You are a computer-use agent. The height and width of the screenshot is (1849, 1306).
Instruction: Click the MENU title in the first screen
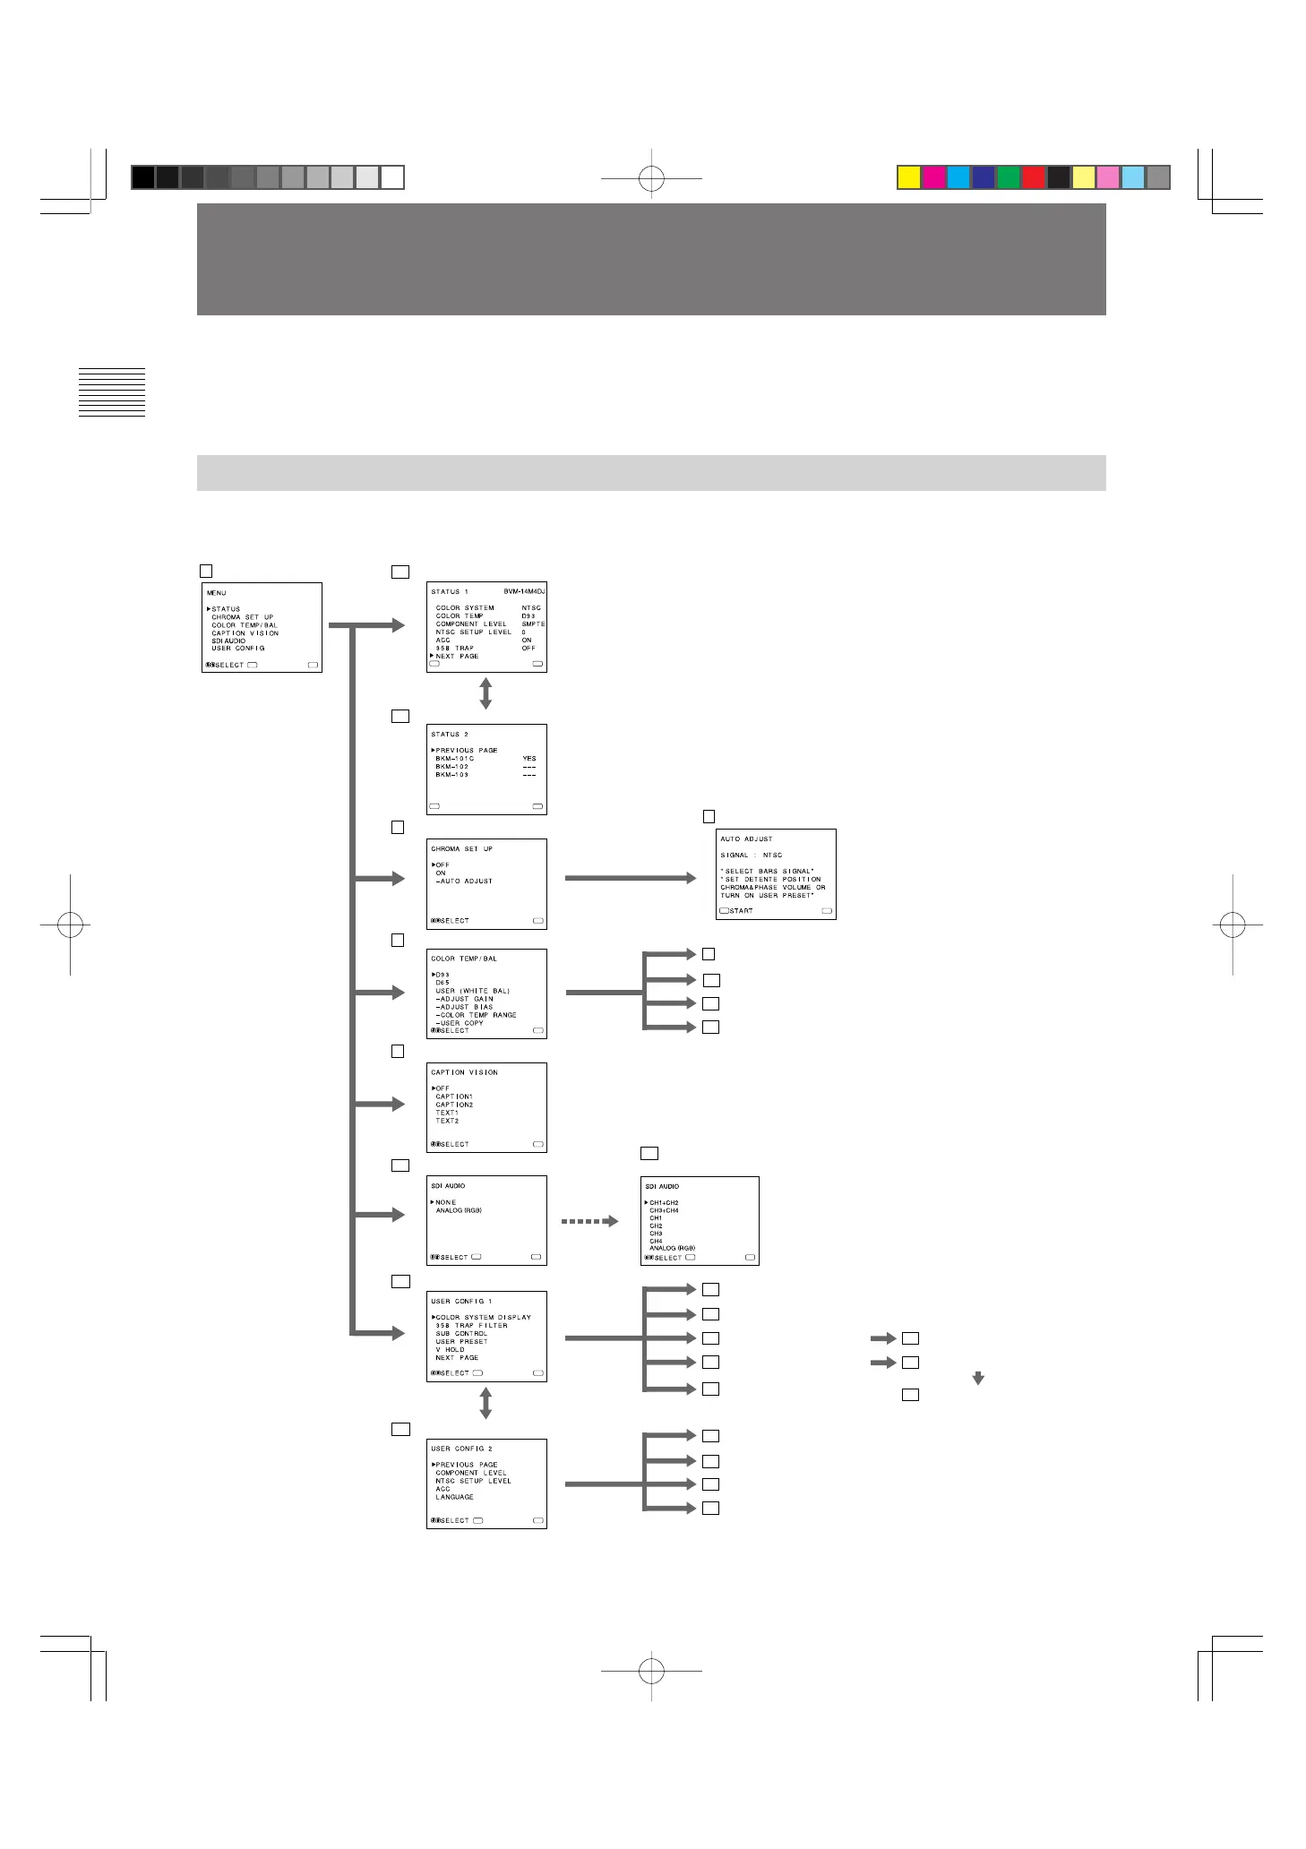217,593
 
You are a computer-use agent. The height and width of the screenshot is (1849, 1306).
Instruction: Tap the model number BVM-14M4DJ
524,591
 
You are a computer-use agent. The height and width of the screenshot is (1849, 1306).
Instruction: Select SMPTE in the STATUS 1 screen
533,624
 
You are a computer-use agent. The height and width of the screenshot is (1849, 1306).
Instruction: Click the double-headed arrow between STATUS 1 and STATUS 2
485,694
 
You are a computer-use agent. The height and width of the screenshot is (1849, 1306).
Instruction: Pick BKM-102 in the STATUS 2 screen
452,767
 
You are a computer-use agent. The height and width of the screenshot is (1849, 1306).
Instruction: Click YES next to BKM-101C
529,759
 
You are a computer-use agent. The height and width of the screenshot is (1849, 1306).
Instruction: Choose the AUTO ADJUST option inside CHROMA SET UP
465,881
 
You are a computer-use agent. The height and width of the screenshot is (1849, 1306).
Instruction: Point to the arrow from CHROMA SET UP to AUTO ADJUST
630,879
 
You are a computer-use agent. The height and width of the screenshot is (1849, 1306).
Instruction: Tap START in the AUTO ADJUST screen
741,911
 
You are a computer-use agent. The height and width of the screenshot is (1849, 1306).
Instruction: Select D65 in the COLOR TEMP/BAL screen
442,983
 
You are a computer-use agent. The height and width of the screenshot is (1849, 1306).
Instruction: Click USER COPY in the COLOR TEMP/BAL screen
461,1023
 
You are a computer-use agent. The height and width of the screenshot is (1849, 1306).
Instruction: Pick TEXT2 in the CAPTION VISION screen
447,1121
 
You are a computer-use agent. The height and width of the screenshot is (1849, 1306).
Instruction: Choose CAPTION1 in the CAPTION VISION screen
454,1096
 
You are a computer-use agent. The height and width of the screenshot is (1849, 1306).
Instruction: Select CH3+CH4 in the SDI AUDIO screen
664,1210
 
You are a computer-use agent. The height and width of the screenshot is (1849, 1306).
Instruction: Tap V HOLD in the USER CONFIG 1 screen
451,1349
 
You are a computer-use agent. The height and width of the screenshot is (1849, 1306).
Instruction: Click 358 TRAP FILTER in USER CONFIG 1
471,1326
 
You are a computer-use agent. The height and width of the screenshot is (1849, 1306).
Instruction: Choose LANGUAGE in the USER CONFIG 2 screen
455,1497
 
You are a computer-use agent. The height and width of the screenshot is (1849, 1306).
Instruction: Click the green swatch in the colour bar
1009,177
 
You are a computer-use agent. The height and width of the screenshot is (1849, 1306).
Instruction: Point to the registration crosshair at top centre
651,178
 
